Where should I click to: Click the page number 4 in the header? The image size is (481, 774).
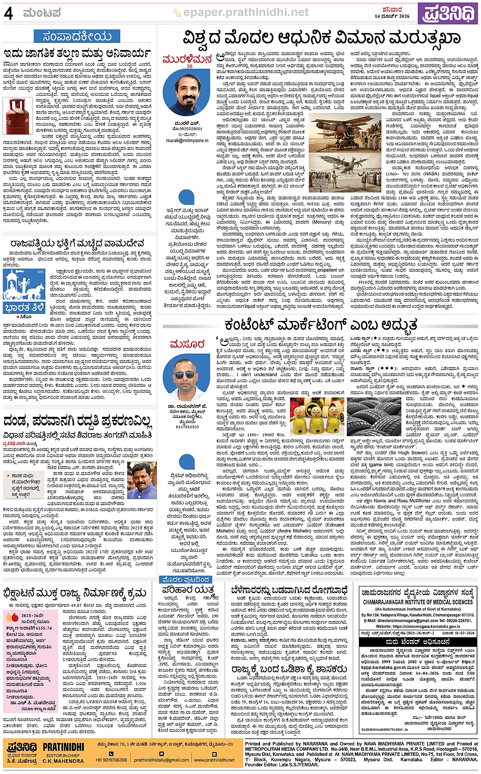(8, 13)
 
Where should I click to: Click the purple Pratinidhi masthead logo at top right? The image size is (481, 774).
(448, 13)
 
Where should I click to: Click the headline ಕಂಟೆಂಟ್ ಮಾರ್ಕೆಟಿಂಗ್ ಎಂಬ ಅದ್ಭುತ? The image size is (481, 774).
(320, 325)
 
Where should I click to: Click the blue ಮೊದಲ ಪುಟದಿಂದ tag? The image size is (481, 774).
(185, 580)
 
